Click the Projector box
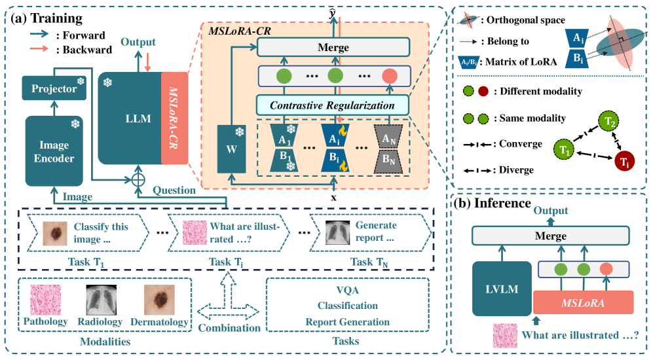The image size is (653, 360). coord(54,88)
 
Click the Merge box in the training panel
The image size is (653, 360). coord(333,47)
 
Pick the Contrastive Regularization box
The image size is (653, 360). coord(333,104)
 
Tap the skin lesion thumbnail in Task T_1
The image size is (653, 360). coord(54,233)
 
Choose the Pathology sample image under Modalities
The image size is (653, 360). coord(45,300)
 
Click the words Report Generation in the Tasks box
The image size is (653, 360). coord(347,321)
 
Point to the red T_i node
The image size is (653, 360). coord(626,162)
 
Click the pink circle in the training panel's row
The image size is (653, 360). coord(390,75)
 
